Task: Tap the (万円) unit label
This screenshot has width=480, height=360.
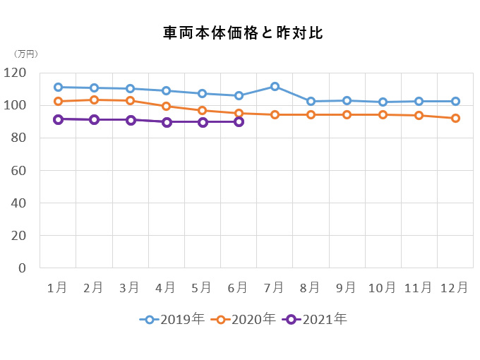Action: tap(26, 54)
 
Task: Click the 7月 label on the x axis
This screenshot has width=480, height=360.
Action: tap(274, 287)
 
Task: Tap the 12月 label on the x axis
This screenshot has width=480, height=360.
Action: tap(455, 287)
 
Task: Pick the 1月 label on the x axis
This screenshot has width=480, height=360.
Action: tap(57, 287)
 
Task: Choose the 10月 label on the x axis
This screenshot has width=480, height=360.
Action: tap(383, 287)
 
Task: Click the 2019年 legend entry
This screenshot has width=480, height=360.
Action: tap(173, 319)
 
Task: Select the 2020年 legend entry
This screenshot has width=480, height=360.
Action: tap(245, 319)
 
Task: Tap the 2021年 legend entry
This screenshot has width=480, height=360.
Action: tap(316, 319)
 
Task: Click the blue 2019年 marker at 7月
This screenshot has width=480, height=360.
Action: tap(275, 86)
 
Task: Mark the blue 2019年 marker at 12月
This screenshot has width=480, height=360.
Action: tap(455, 101)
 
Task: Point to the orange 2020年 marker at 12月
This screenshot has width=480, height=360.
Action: tap(455, 118)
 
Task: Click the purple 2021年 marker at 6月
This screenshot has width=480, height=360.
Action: tap(239, 121)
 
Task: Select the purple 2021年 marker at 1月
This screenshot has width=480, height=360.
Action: tap(58, 119)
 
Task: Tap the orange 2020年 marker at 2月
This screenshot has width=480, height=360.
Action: tap(94, 100)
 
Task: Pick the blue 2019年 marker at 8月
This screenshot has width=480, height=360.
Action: tap(311, 101)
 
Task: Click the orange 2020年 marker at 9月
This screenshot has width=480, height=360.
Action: tap(347, 114)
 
